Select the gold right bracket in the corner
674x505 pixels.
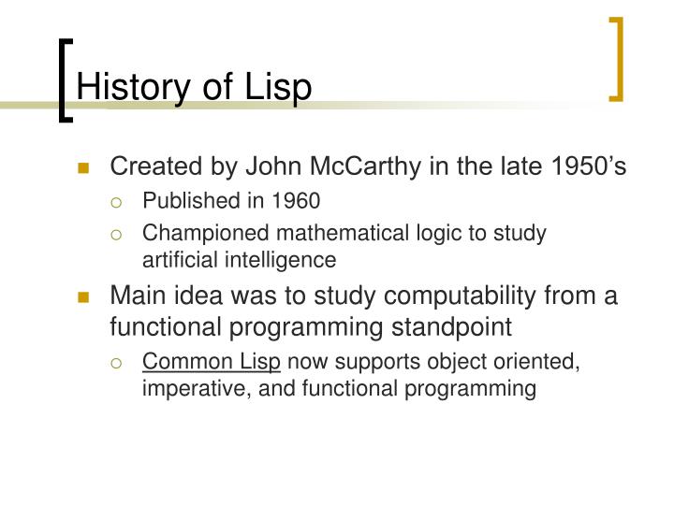tap(616, 58)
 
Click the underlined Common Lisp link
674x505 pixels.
tap(212, 362)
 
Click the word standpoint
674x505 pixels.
tap(450, 327)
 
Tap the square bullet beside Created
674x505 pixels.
tap(84, 169)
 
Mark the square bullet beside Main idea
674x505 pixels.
tap(84, 298)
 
